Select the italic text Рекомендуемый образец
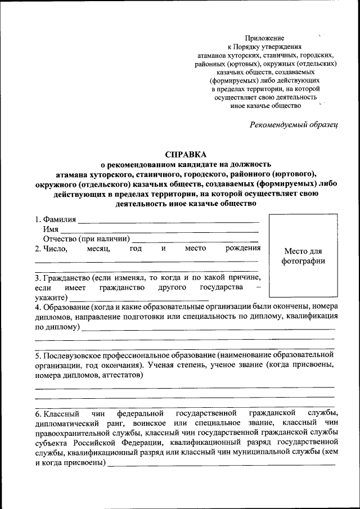coord(294,124)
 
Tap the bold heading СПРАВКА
coord(186,154)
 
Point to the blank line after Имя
coord(159,231)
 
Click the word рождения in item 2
coord(243,248)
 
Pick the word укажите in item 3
coord(49,297)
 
